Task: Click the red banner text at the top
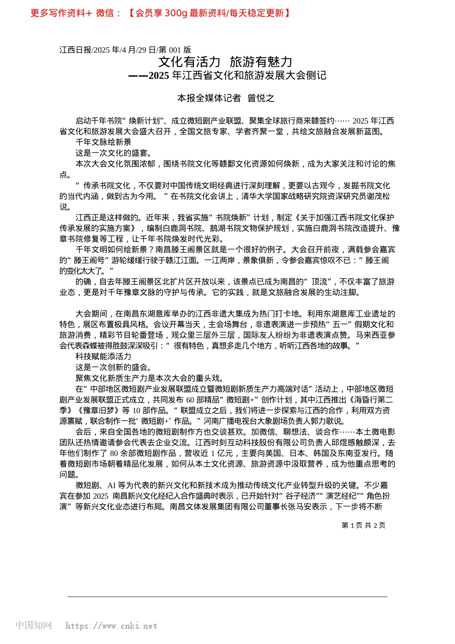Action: tap(160, 13)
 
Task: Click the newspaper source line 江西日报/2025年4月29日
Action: tap(125, 50)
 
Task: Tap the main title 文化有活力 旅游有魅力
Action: tap(225, 62)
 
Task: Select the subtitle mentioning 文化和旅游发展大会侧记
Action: tap(227, 75)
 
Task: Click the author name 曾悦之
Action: tap(261, 98)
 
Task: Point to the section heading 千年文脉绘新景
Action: tap(103, 142)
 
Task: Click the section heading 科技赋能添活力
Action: tap(103, 356)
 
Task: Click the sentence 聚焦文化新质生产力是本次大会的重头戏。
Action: tap(149, 378)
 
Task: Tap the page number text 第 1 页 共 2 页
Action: tap(363, 525)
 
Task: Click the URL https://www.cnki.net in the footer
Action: tap(111, 626)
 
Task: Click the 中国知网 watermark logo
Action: tap(34, 625)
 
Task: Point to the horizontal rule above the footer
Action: tap(227, 597)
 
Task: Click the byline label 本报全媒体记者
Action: tap(209, 98)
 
